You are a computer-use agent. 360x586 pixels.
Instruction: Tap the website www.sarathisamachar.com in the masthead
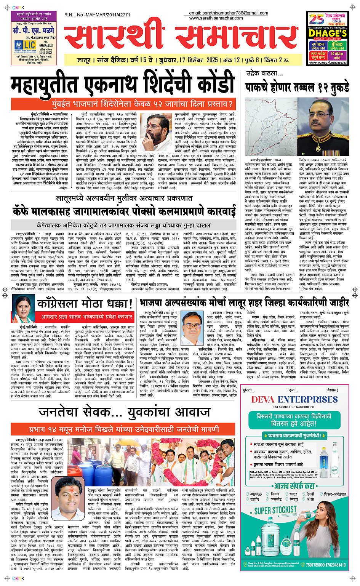point(216,18)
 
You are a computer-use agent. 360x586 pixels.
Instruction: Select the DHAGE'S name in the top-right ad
point(328,34)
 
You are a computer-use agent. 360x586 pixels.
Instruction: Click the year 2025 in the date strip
point(212,60)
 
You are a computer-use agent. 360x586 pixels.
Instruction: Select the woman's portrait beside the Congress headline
point(21,309)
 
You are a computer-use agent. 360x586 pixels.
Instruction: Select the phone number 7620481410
point(336,565)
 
